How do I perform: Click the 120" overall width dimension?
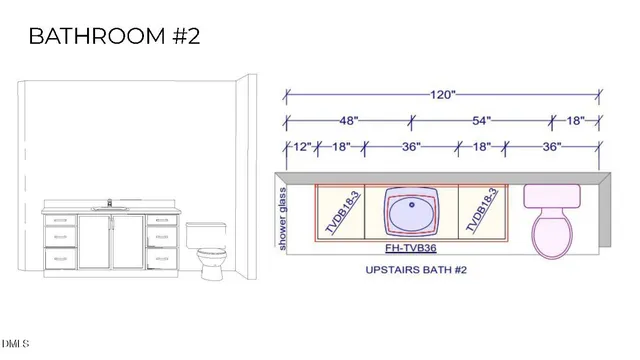(442, 94)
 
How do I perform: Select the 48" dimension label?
(348, 120)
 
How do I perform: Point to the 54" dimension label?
(482, 120)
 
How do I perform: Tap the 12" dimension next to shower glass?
(301, 146)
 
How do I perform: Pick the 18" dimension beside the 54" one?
(576, 120)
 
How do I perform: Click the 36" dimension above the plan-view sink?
(410, 146)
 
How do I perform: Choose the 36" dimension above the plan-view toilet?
(551, 146)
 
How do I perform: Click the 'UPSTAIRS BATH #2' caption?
(416, 270)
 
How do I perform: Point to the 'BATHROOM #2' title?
(114, 37)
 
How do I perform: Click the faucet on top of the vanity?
(109, 205)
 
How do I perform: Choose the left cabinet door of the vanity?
(95, 242)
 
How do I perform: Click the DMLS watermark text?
(15, 346)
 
